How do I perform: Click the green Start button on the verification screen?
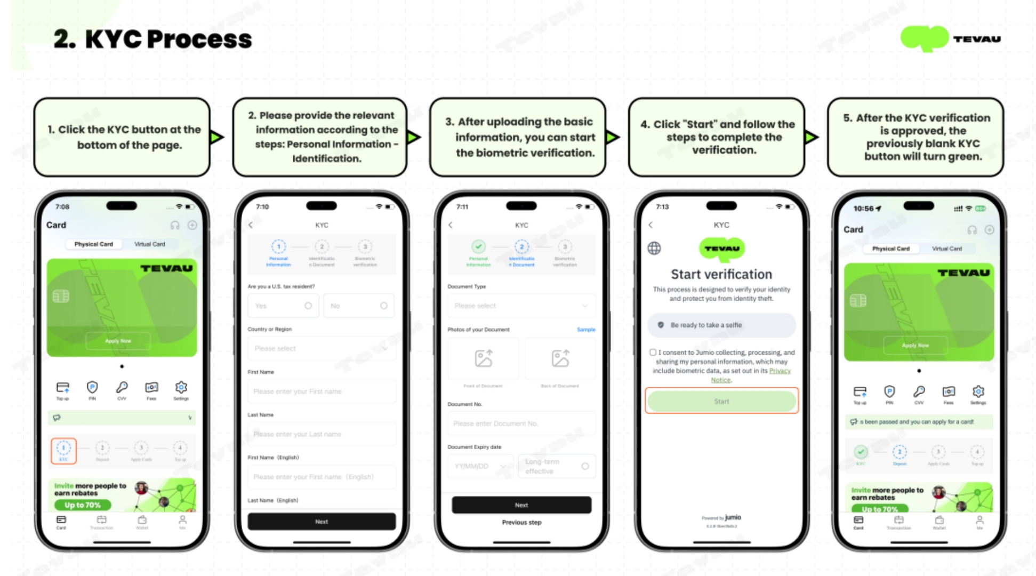click(721, 401)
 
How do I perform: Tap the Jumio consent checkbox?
click(653, 353)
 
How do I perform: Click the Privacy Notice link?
click(780, 371)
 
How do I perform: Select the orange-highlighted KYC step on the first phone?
click(63, 451)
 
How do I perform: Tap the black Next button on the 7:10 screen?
click(322, 522)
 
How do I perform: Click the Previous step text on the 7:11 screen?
click(521, 522)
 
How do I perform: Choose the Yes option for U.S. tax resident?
click(283, 306)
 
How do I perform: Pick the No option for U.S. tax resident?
click(358, 306)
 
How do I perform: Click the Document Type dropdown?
click(521, 306)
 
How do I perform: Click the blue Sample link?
click(585, 330)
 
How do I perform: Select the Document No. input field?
click(521, 423)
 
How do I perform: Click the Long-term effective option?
click(556, 466)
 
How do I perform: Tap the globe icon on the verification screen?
click(654, 248)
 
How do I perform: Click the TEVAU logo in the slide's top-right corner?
click(950, 39)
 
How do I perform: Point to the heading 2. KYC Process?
click(152, 39)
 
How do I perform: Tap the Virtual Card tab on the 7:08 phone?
click(150, 244)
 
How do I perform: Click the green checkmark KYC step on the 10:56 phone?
click(861, 452)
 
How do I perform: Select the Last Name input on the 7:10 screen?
click(322, 434)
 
